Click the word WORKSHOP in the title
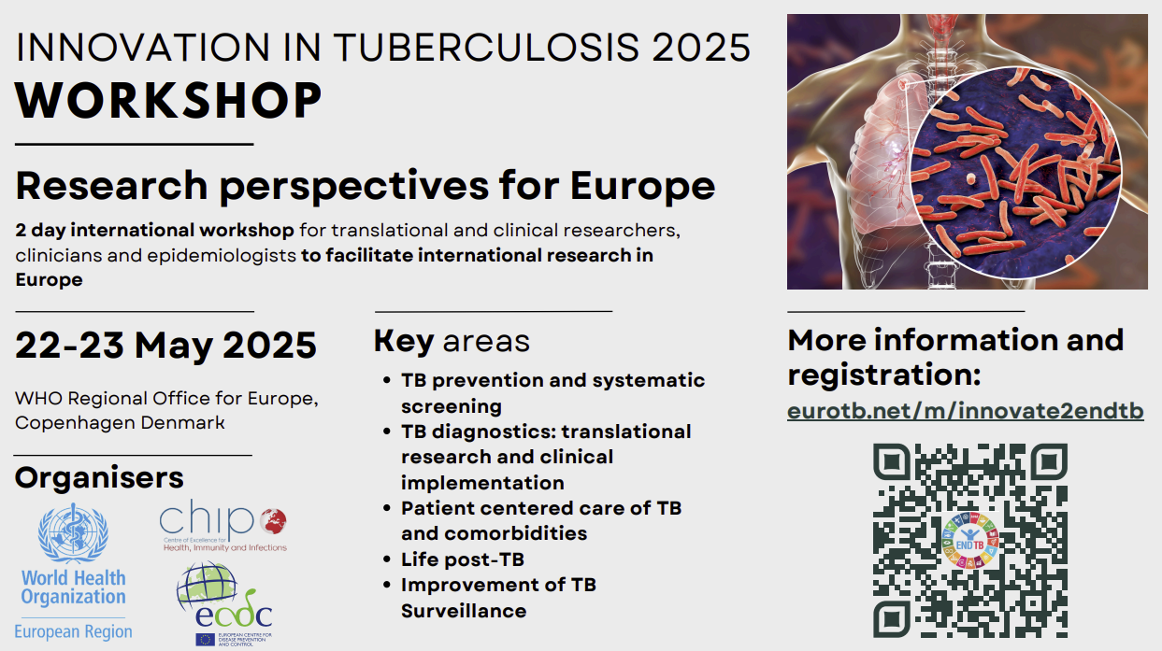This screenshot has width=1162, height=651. (x=168, y=100)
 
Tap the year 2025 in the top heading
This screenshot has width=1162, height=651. (x=701, y=48)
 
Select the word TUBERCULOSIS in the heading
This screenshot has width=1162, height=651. (x=485, y=48)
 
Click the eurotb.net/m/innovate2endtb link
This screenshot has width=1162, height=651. (x=965, y=411)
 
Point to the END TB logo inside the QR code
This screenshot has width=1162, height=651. (x=970, y=540)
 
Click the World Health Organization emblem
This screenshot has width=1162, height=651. (x=73, y=533)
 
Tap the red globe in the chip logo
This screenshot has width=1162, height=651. (x=273, y=521)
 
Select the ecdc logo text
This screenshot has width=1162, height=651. (x=234, y=615)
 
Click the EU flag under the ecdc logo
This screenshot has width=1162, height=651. (x=205, y=640)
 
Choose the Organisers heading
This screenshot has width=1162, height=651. (x=99, y=477)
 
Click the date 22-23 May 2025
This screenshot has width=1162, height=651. (x=166, y=346)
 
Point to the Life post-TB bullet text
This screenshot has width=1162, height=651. (x=463, y=559)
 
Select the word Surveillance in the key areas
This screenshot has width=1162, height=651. (x=464, y=611)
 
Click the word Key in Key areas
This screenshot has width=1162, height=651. (x=404, y=342)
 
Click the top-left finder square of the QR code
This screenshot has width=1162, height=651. (x=891, y=461)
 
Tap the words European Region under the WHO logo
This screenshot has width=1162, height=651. (x=73, y=632)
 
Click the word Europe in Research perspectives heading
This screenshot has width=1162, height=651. (x=643, y=187)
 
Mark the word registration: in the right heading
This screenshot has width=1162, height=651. (x=884, y=375)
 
